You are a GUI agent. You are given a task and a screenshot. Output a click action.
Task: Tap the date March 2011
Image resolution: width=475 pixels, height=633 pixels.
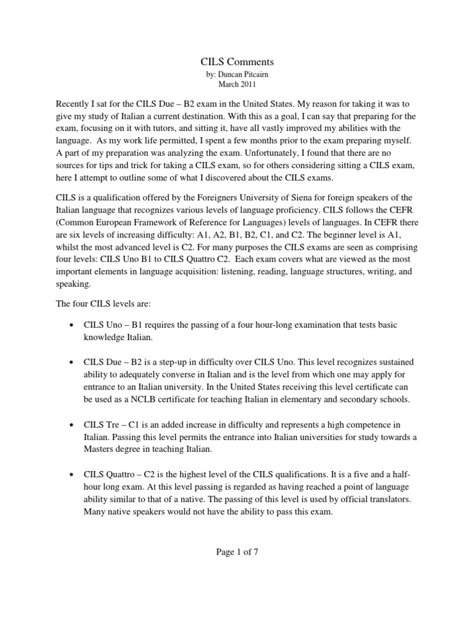point(237,84)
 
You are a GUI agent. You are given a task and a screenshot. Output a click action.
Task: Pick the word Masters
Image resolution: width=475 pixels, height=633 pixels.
point(101,450)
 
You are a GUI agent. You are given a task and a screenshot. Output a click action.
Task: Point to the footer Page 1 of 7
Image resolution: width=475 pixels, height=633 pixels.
point(237,553)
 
